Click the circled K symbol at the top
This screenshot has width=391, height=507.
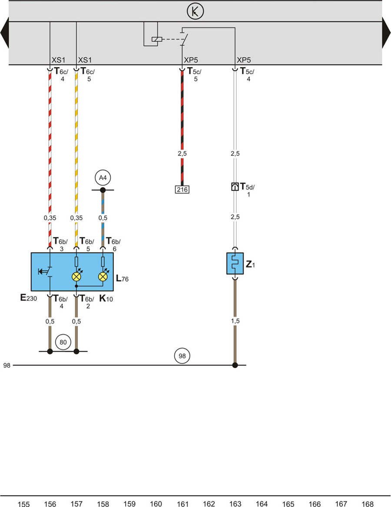point(195,12)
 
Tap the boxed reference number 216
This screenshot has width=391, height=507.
point(182,189)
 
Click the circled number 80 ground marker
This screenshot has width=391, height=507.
point(63,342)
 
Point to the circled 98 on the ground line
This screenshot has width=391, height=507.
point(182,356)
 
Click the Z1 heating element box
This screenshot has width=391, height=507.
point(235,263)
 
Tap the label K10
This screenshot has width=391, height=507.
point(106,299)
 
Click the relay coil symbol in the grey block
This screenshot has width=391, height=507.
point(156,40)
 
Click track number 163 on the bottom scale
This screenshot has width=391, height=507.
point(235,504)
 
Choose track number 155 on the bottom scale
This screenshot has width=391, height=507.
point(23,504)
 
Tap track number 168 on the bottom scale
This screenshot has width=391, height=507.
point(368,504)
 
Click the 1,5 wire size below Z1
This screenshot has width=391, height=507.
point(235,321)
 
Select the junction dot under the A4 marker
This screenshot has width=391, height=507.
point(103,190)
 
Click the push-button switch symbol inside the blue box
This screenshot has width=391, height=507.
point(46,272)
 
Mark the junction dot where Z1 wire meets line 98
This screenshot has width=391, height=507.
point(235,365)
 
